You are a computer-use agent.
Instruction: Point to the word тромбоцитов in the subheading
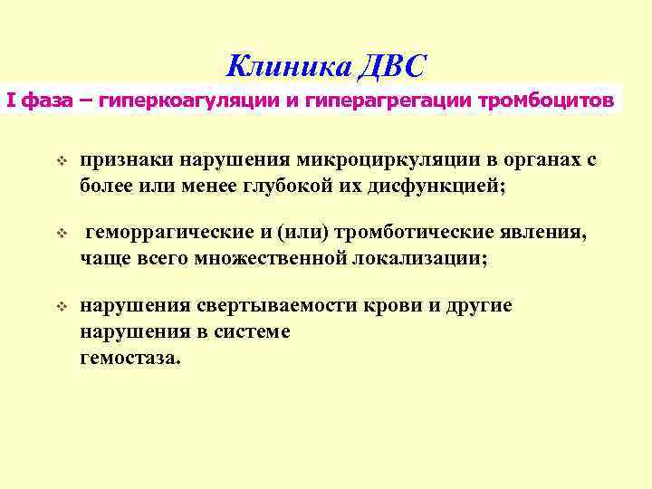[x=552, y=99]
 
